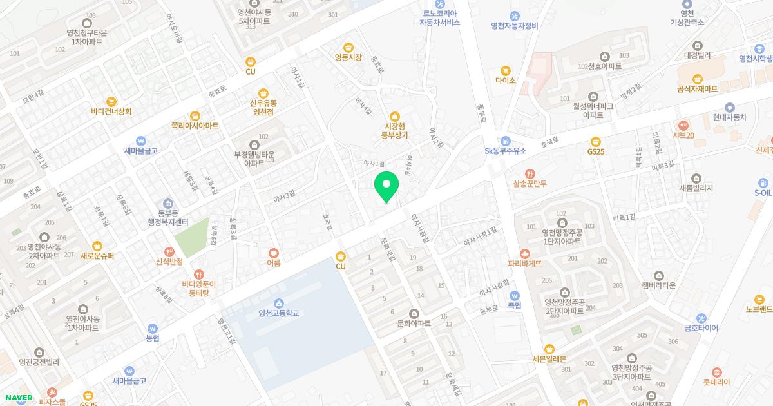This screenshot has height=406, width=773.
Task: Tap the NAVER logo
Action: [x=19, y=398]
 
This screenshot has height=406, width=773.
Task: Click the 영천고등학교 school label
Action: [x=278, y=313]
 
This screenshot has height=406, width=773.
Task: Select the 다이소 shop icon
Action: [x=506, y=70]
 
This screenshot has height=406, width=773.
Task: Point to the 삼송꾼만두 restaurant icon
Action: [x=530, y=173]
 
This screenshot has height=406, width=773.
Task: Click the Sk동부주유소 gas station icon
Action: [x=506, y=140]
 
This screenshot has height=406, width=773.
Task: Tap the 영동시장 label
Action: [x=348, y=57]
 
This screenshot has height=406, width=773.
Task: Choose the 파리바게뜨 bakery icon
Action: [x=524, y=253]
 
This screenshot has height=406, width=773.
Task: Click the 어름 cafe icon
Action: [x=274, y=253]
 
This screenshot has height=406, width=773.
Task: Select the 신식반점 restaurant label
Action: [x=169, y=262]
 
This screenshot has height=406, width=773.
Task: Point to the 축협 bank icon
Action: [x=514, y=295]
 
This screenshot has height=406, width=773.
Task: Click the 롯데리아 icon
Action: [x=716, y=372]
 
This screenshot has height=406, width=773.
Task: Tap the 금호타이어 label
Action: [x=701, y=328]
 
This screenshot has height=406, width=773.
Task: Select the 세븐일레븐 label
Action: [x=549, y=359]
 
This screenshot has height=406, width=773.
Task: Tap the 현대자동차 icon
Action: [x=729, y=108]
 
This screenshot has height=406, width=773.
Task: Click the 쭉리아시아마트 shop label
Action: [x=195, y=126]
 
